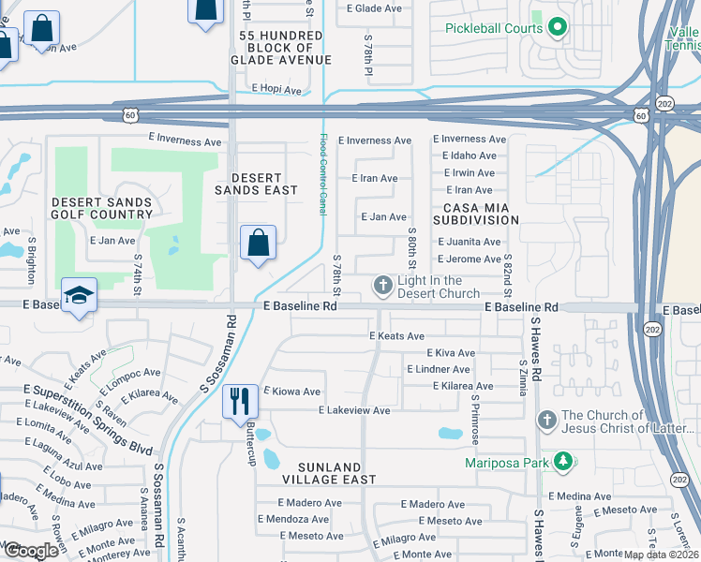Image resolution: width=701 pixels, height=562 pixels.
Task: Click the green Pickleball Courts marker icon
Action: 557,27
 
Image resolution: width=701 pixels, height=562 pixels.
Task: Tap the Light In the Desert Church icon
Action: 382,284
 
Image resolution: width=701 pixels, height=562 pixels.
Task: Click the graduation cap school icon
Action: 80,295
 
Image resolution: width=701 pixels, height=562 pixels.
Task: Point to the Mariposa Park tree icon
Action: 561,461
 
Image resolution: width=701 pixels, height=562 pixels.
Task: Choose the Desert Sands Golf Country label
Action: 102,208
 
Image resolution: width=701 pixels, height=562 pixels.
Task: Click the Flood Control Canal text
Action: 323,174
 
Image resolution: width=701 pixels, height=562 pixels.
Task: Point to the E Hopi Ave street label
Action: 276,91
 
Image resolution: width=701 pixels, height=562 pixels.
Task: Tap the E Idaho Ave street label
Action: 467,155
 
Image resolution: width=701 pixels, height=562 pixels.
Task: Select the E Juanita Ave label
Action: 470,242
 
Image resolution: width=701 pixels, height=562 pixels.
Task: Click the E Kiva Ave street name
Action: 450,353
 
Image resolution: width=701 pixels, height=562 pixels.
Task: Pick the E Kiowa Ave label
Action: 292,392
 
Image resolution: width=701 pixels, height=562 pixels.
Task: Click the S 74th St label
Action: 138,269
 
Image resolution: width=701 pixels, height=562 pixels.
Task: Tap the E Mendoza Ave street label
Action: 291,519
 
